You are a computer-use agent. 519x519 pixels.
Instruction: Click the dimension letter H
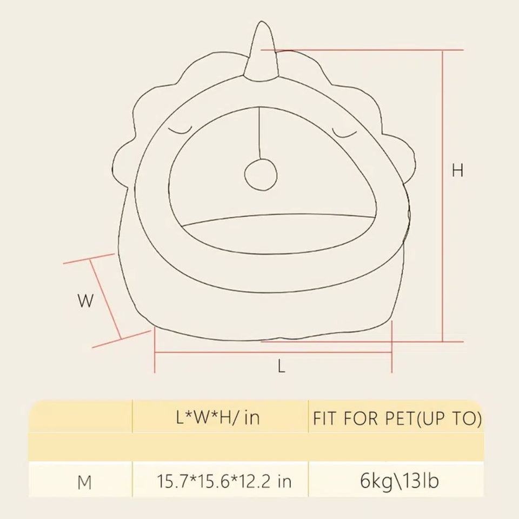457,171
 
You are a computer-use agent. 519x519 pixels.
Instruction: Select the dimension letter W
85,301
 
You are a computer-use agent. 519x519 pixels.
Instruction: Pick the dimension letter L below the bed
281,367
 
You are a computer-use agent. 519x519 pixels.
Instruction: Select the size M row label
84,482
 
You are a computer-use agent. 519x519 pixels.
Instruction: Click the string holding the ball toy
260,135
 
